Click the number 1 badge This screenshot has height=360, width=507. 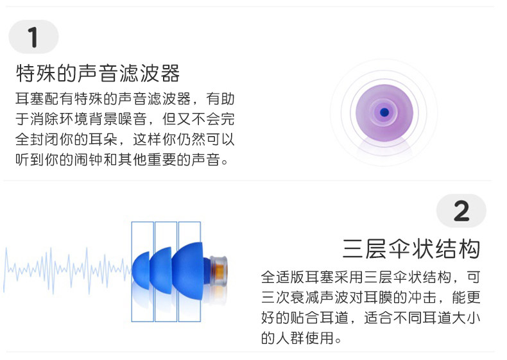point(33,37)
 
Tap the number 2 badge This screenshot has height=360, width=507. point(461,211)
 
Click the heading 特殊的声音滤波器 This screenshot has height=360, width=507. point(98,73)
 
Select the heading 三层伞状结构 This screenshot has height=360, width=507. point(411,248)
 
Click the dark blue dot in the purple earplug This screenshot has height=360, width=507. point(384,112)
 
